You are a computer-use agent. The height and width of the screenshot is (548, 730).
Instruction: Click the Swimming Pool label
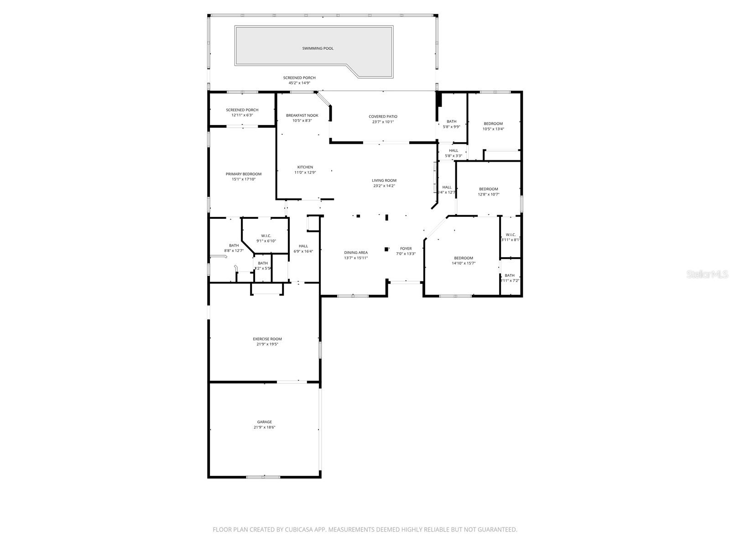click(318, 48)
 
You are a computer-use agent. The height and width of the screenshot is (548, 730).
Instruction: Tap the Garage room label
click(265, 422)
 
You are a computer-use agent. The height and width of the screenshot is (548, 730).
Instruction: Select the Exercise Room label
click(267, 339)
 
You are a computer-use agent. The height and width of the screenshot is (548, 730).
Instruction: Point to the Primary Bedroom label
click(244, 174)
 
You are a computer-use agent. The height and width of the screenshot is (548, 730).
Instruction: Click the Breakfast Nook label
click(302, 116)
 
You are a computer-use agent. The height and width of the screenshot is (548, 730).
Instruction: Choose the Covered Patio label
click(383, 116)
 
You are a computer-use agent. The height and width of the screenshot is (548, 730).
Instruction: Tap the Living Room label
click(384, 180)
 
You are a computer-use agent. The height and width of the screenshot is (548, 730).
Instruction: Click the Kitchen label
click(305, 167)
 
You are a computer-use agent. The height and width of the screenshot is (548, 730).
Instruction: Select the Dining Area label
click(356, 253)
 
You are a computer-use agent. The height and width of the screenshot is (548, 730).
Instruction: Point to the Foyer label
click(406, 249)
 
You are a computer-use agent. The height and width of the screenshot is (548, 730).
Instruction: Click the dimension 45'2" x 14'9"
click(299, 83)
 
